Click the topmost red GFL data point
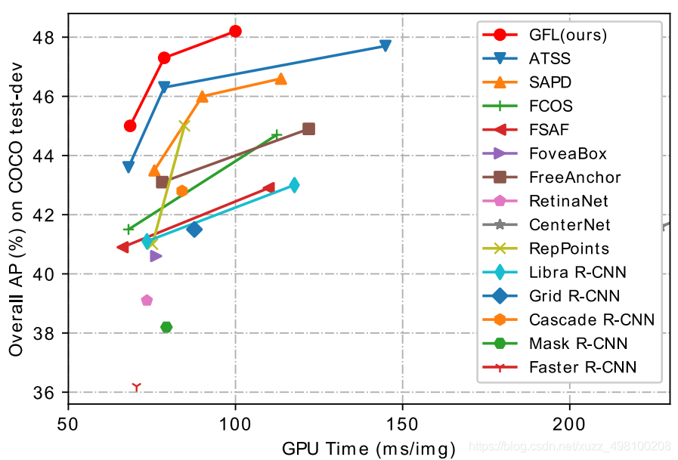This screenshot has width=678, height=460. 235,31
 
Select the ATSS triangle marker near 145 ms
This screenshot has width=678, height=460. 385,46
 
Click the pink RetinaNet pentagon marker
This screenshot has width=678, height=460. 147,300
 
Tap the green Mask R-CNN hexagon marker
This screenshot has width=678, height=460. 166,327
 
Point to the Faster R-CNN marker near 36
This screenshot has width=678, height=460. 136,387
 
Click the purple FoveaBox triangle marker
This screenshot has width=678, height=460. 156,256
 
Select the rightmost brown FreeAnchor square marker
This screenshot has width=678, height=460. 308,129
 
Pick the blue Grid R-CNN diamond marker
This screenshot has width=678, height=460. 194,230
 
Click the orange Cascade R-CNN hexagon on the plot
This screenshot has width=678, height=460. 181,190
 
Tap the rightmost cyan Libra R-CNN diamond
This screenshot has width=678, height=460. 294,185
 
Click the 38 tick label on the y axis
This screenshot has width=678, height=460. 47,333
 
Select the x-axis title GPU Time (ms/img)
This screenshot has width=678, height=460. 369,447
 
